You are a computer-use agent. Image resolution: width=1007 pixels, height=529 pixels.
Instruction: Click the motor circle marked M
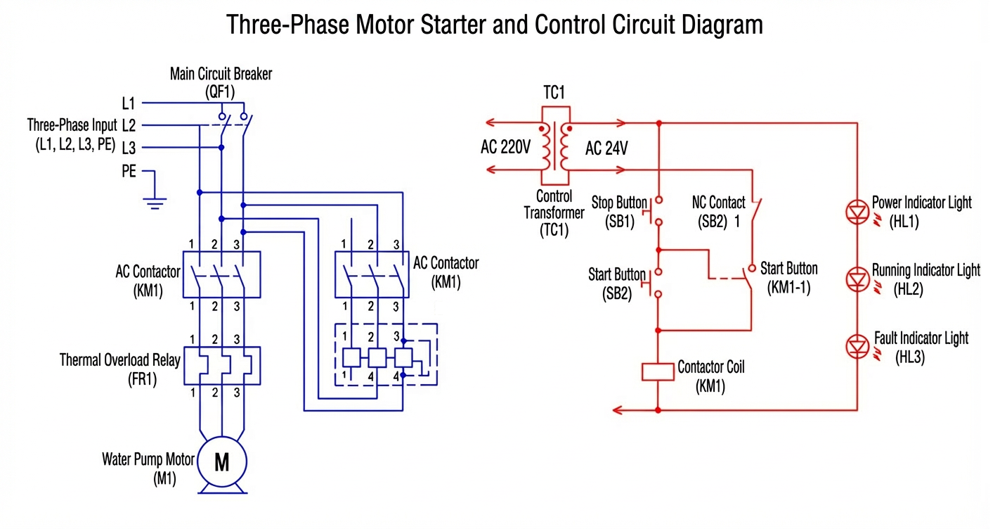pyautogui.click(x=221, y=462)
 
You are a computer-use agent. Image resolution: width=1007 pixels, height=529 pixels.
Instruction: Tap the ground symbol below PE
pyautogui.click(x=155, y=202)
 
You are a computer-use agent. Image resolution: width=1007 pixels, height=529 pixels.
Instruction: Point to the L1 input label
pyautogui.click(x=128, y=103)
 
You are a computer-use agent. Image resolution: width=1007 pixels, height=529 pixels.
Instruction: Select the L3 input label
pyautogui.click(x=128, y=148)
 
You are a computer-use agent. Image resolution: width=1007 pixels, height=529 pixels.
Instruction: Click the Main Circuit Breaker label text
pyautogui.click(x=221, y=74)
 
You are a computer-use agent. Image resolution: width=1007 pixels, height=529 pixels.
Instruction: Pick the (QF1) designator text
pyautogui.click(x=220, y=91)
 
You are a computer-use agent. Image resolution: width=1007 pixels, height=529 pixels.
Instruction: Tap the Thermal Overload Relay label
pyautogui.click(x=119, y=361)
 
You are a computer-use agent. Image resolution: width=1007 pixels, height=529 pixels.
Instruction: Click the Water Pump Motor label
pyautogui.click(x=148, y=460)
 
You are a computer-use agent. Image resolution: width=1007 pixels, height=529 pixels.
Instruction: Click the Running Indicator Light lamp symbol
pyautogui.click(x=857, y=279)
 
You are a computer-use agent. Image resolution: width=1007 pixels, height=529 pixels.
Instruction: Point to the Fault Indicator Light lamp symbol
pyautogui.click(x=857, y=345)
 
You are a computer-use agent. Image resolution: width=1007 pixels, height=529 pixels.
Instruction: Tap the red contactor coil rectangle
pyautogui.click(x=658, y=371)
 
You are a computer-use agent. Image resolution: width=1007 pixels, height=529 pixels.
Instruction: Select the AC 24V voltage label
pyautogui.click(x=606, y=148)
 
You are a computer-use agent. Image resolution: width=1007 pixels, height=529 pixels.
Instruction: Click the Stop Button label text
pyautogui.click(x=618, y=203)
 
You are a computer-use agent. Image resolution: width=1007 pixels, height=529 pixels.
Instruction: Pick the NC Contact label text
pyautogui.click(x=718, y=203)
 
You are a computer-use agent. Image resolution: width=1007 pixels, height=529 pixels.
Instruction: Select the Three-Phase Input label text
pyautogui.click(x=72, y=126)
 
